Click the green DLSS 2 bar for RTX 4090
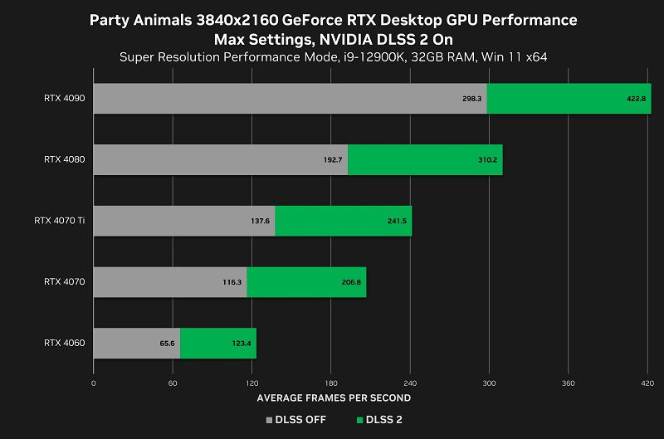569,99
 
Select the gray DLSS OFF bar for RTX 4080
220,159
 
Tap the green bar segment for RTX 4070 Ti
343,221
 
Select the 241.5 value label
396,221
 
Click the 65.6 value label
167,343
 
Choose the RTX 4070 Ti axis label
60,221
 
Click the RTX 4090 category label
65,99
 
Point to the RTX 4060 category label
65,343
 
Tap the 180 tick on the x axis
330,383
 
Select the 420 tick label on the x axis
647,383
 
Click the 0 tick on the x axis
94,383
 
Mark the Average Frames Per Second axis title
334,398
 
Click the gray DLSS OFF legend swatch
269,420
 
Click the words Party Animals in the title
144,19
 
